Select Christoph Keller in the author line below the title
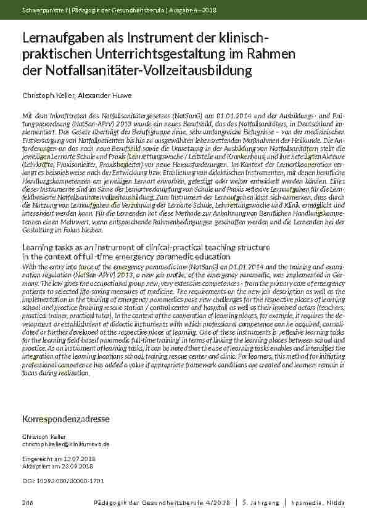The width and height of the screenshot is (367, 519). coord(47,96)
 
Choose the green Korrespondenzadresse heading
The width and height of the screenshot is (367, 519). coord(65,419)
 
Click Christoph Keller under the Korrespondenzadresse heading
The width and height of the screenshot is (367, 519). coord(43,436)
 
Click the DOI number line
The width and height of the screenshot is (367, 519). coord(63,480)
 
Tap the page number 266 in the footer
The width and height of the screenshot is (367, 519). coord(27,504)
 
